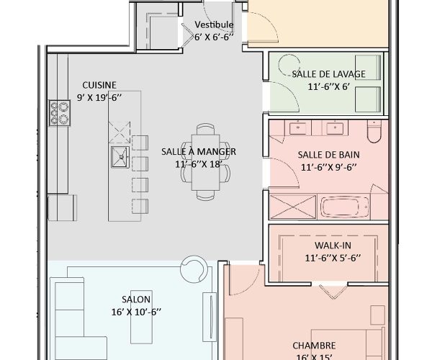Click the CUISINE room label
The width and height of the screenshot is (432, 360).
(x=99, y=84)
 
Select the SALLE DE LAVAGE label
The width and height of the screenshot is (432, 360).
(x=328, y=74)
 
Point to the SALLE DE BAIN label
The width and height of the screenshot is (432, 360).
(x=328, y=154)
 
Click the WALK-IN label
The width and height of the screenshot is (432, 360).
(x=328, y=245)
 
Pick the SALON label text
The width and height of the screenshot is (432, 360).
(x=131, y=299)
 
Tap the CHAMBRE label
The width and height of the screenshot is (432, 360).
(x=314, y=345)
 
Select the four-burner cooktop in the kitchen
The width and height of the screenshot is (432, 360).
(x=58, y=112)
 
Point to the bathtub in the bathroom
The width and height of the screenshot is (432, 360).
(x=343, y=207)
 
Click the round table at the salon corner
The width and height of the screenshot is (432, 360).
(x=194, y=266)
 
